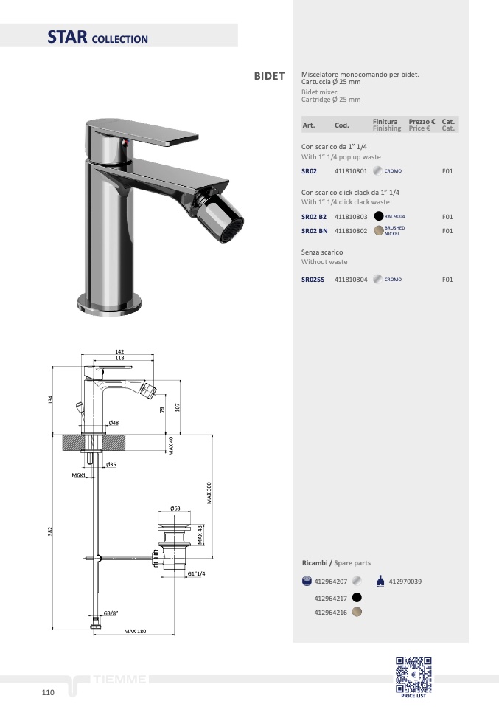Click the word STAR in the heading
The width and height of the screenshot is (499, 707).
(x=67, y=37)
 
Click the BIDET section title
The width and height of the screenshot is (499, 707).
(x=269, y=76)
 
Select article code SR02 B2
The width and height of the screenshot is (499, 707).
(x=314, y=217)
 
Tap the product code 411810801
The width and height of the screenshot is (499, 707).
(x=351, y=171)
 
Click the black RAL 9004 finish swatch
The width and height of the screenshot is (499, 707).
(x=379, y=216)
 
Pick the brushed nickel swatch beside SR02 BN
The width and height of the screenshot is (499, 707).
(x=379, y=231)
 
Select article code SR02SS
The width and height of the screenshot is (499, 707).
(x=313, y=280)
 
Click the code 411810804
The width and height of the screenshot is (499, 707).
(x=351, y=280)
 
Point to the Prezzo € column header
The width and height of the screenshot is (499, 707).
(x=422, y=122)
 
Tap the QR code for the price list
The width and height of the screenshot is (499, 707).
(x=413, y=675)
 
